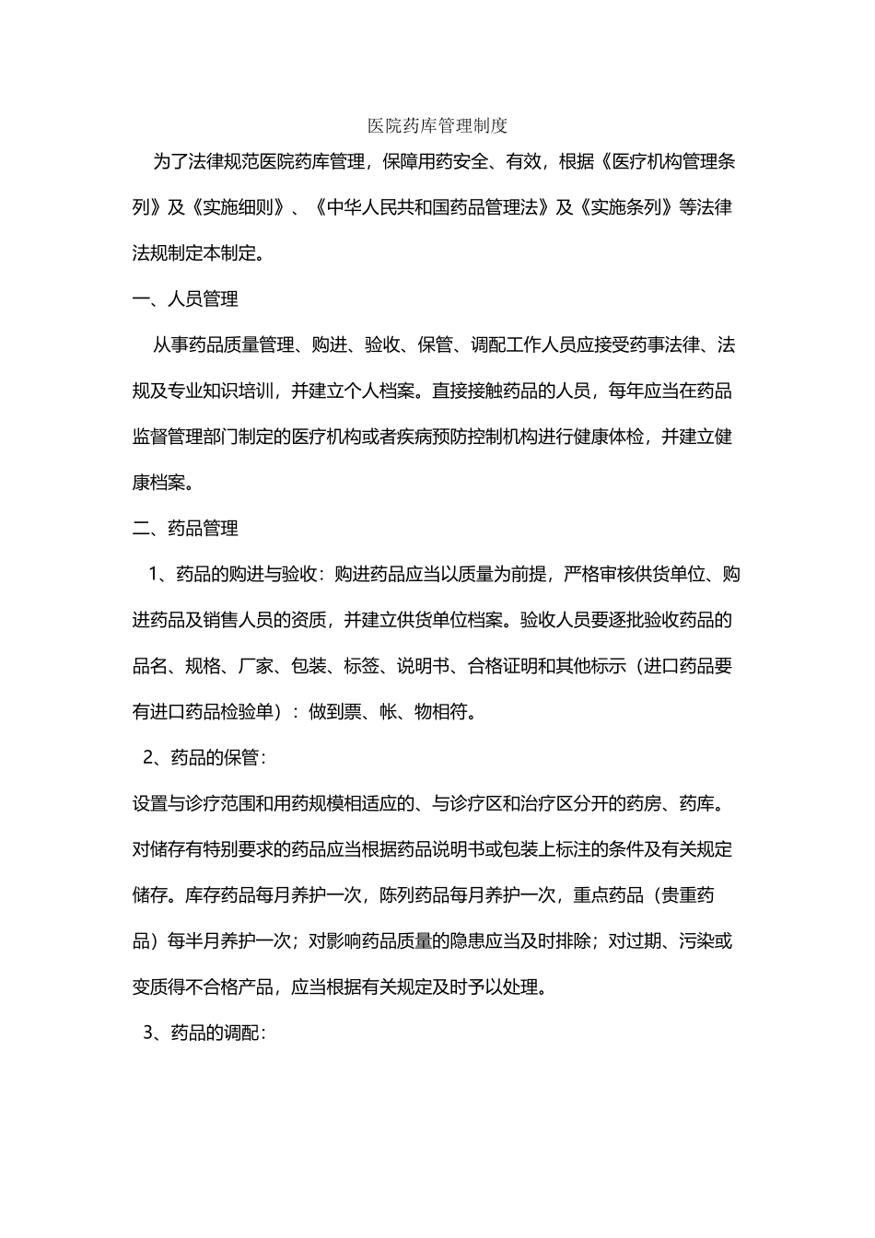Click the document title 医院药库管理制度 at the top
[437, 124]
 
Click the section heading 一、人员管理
[185, 299]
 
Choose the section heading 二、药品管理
[185, 529]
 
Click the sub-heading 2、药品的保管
[204, 758]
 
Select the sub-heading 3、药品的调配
[204, 1033]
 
